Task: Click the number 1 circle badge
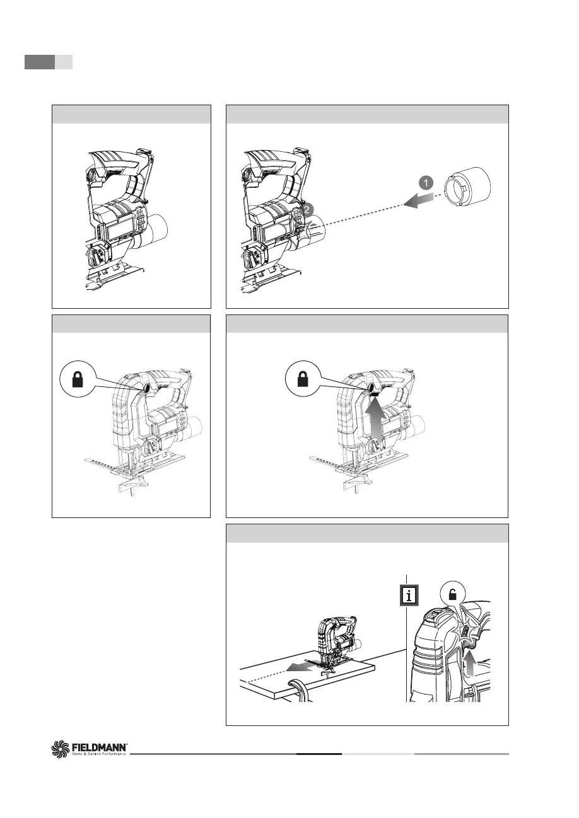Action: coord(426,183)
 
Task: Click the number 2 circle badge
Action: coord(307,210)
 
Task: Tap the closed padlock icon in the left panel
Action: coord(78,379)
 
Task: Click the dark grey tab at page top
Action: coord(40,62)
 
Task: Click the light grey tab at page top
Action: coord(64,62)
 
